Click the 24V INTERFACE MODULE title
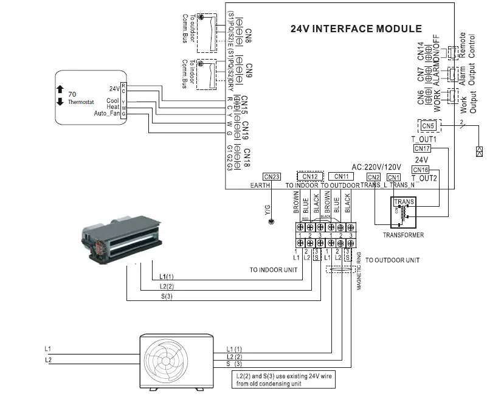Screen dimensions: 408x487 [356, 29]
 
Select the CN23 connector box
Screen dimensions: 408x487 [272, 176]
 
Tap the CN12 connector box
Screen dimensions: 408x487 [310, 176]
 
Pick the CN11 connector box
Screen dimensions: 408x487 [342, 176]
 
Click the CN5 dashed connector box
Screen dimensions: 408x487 [428, 126]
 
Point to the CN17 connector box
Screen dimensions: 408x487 [421, 148]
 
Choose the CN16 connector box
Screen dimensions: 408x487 [420, 170]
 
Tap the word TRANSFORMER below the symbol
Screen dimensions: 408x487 [403, 235]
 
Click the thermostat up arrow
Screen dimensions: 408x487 [60, 89]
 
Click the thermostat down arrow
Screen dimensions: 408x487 [60, 102]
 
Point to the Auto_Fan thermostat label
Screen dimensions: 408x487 [107, 113]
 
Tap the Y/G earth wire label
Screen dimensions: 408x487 [268, 210]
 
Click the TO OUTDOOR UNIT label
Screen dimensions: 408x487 [392, 260]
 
